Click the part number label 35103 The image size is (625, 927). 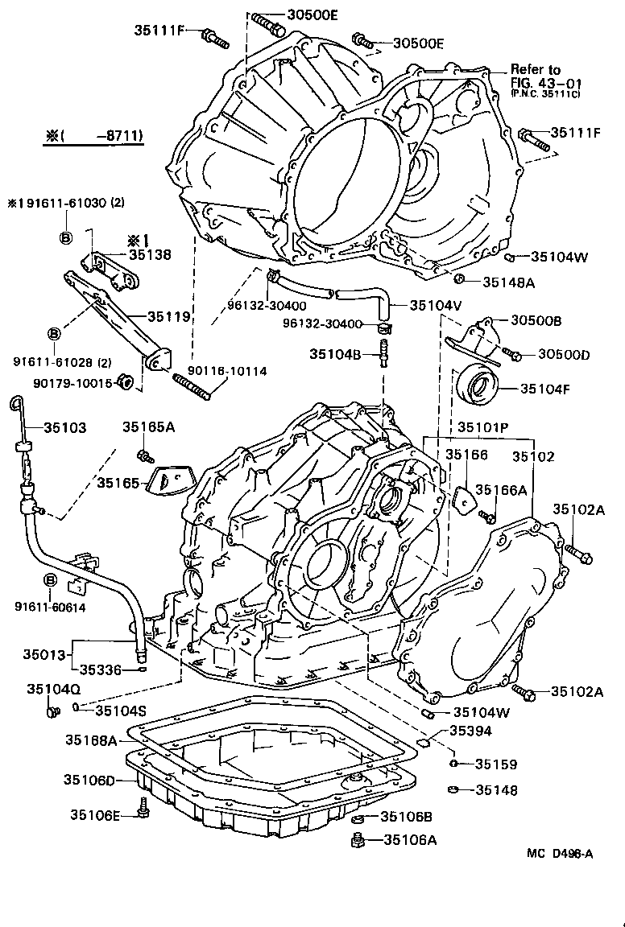[x=64, y=428]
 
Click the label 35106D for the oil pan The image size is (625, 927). [x=90, y=779]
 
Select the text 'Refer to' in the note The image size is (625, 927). [x=535, y=70]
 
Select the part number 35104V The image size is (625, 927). [x=435, y=305]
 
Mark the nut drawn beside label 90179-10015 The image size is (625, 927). [x=126, y=381]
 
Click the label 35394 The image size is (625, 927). [x=471, y=731]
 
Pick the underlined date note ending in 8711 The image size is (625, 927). [x=93, y=137]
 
